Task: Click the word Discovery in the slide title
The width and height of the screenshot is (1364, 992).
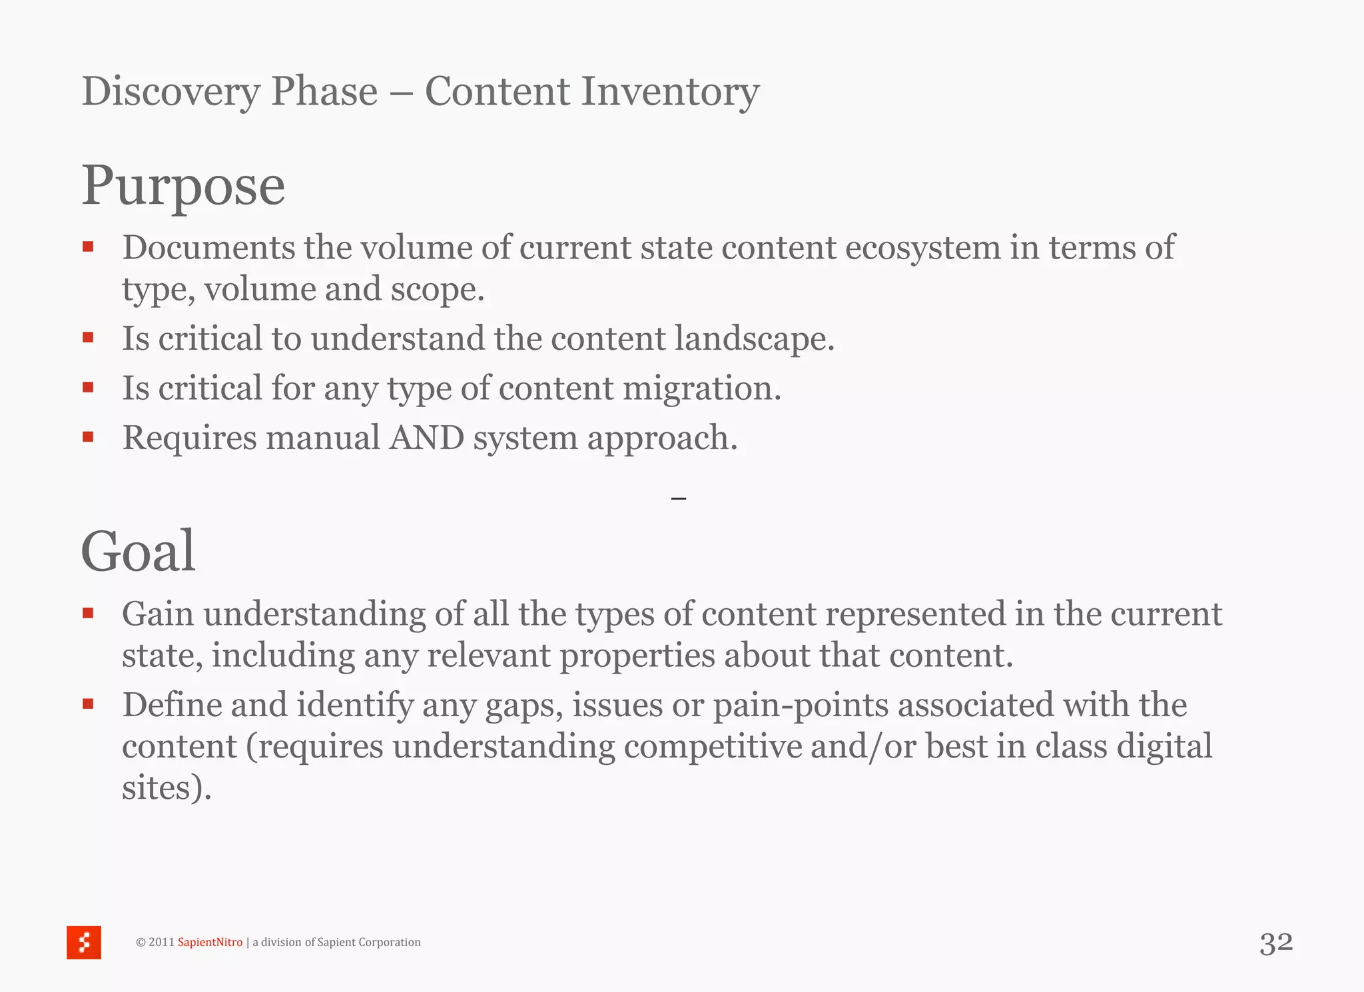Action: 170,91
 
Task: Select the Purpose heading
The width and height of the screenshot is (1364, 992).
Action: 183,186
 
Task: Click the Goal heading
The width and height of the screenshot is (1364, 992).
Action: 139,551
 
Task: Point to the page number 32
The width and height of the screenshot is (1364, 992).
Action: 1276,943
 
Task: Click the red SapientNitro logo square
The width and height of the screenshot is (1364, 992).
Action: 84,942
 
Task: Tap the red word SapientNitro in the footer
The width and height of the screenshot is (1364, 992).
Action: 210,942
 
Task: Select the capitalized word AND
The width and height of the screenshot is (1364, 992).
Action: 427,438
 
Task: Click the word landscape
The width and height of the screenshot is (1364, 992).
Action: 754,338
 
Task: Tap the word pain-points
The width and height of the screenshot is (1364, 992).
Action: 801,705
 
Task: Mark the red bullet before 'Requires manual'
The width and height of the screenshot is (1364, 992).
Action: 88,437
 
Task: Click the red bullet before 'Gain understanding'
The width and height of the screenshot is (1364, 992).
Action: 88,613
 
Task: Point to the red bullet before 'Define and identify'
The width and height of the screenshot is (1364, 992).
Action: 88,704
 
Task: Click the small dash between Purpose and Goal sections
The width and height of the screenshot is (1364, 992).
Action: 679,498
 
